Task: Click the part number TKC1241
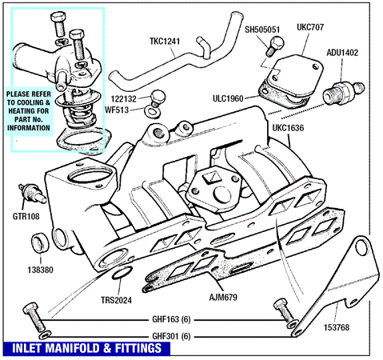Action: click(165, 42)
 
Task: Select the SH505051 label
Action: click(262, 30)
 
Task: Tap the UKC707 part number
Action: click(310, 27)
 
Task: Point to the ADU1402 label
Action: click(342, 53)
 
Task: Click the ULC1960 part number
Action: click(228, 98)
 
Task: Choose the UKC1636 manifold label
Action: click(288, 128)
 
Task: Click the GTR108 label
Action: click(26, 216)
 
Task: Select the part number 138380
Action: click(41, 270)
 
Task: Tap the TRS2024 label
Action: click(116, 300)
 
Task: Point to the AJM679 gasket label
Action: click(223, 297)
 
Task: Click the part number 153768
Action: click(337, 327)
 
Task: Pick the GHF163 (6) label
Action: click(171, 319)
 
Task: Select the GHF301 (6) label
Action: click(171, 336)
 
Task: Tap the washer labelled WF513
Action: click(153, 112)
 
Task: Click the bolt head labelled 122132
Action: click(158, 96)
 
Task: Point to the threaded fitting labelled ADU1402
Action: click(343, 94)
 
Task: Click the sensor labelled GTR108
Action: click(31, 194)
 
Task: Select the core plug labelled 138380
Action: click(40, 243)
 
